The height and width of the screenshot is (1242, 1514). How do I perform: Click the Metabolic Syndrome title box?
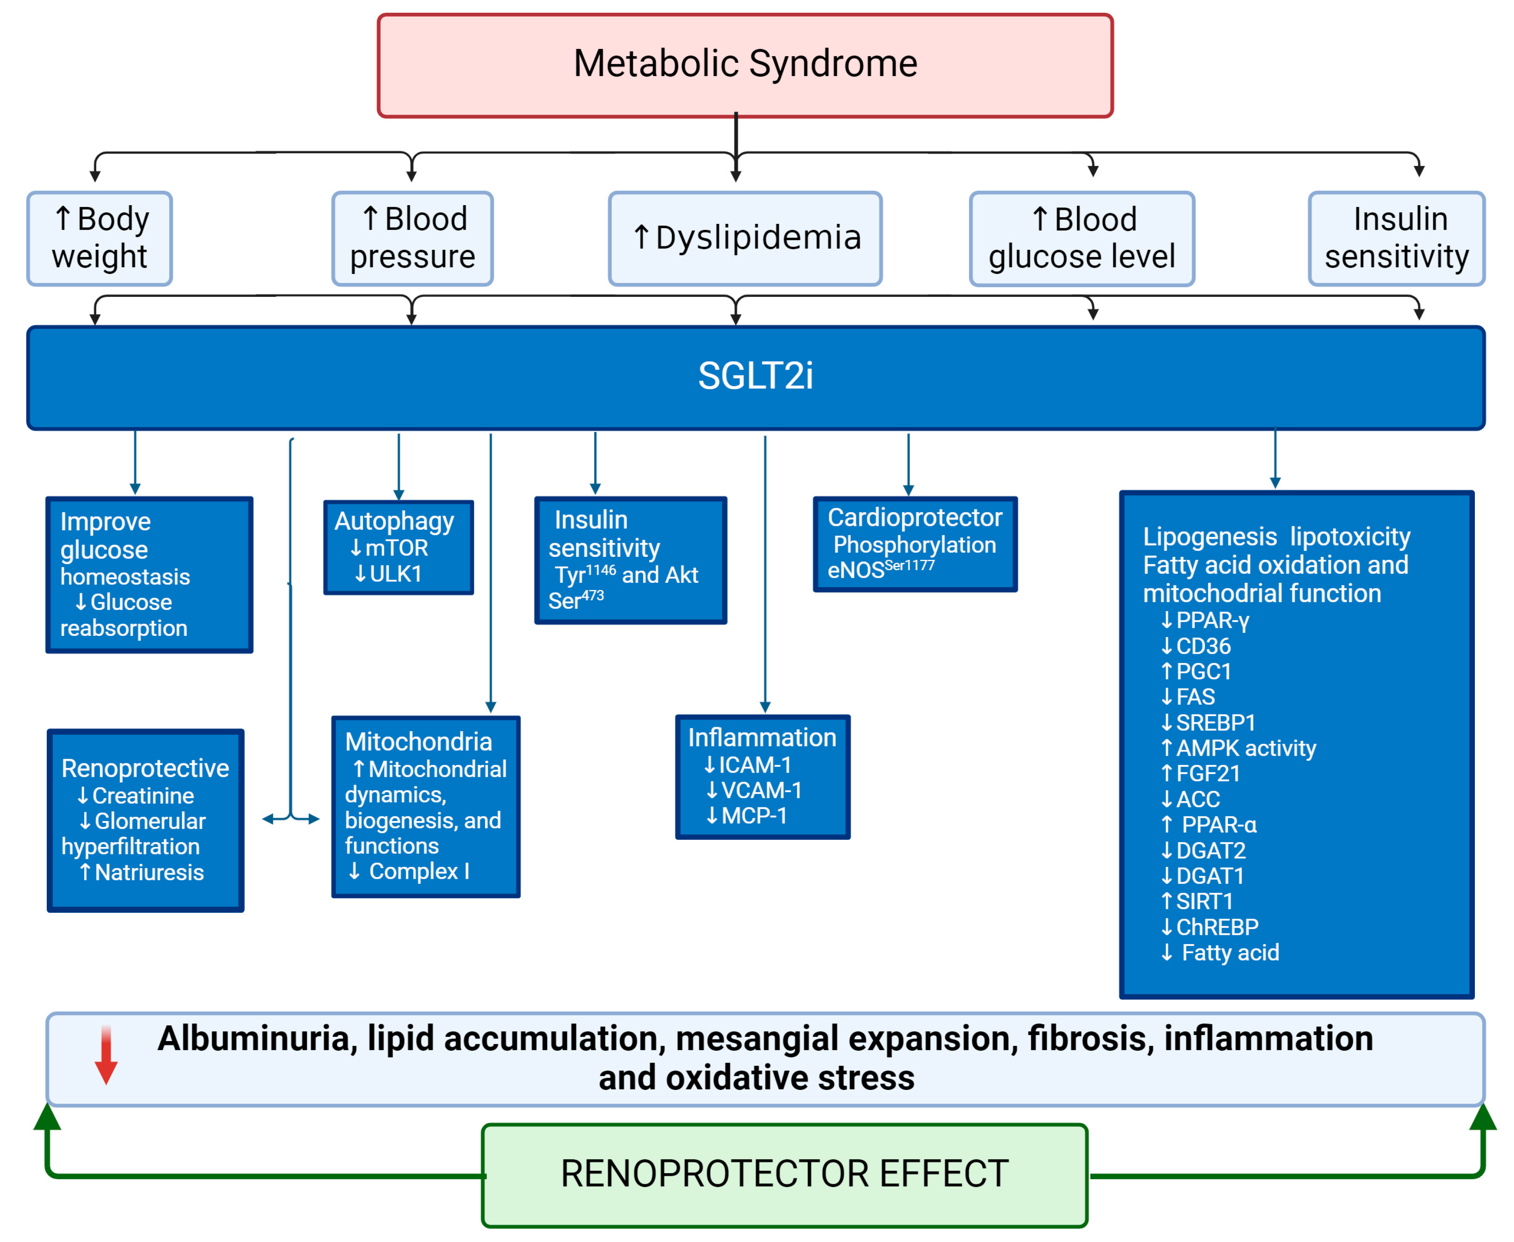(745, 65)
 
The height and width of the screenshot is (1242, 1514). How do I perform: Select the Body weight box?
(99, 238)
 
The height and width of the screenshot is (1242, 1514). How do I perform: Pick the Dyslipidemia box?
(745, 238)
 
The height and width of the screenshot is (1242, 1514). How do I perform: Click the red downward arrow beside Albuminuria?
(106, 1055)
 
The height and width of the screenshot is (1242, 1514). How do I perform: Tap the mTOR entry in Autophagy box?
(395, 548)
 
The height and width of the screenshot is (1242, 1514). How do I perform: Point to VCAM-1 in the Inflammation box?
(760, 790)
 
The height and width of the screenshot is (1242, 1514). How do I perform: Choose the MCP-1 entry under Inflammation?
(753, 816)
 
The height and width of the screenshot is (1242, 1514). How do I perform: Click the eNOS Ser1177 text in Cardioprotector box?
(881, 570)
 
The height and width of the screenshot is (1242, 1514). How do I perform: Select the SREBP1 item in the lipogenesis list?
(1215, 723)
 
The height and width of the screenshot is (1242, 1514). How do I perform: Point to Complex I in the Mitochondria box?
(418, 872)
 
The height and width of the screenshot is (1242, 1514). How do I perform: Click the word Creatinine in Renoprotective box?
(142, 796)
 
